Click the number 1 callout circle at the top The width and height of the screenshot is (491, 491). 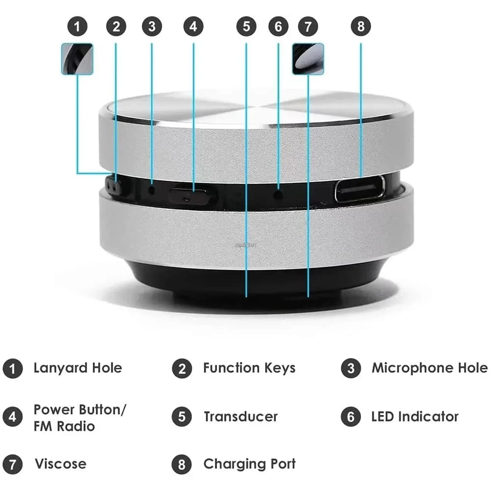(x=77, y=27)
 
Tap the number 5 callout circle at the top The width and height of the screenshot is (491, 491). (x=246, y=27)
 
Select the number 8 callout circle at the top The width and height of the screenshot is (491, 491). (x=361, y=27)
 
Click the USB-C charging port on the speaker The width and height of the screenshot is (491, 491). (x=360, y=190)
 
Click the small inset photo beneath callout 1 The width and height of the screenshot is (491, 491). (x=77, y=59)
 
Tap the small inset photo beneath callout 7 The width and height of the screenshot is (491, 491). (x=308, y=59)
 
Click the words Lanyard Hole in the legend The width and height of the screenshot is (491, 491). (x=78, y=368)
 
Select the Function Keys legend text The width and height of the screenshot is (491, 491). (x=249, y=368)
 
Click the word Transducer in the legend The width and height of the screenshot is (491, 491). (x=241, y=417)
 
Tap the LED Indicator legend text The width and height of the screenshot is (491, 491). (x=415, y=417)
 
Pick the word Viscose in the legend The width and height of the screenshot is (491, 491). (x=60, y=464)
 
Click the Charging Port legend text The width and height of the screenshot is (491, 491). (x=249, y=464)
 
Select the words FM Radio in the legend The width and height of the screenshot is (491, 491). (x=64, y=426)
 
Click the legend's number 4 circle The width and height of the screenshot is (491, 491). (x=12, y=417)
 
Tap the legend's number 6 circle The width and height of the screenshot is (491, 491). (x=351, y=417)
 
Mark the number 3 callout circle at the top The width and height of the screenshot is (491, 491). (x=152, y=27)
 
